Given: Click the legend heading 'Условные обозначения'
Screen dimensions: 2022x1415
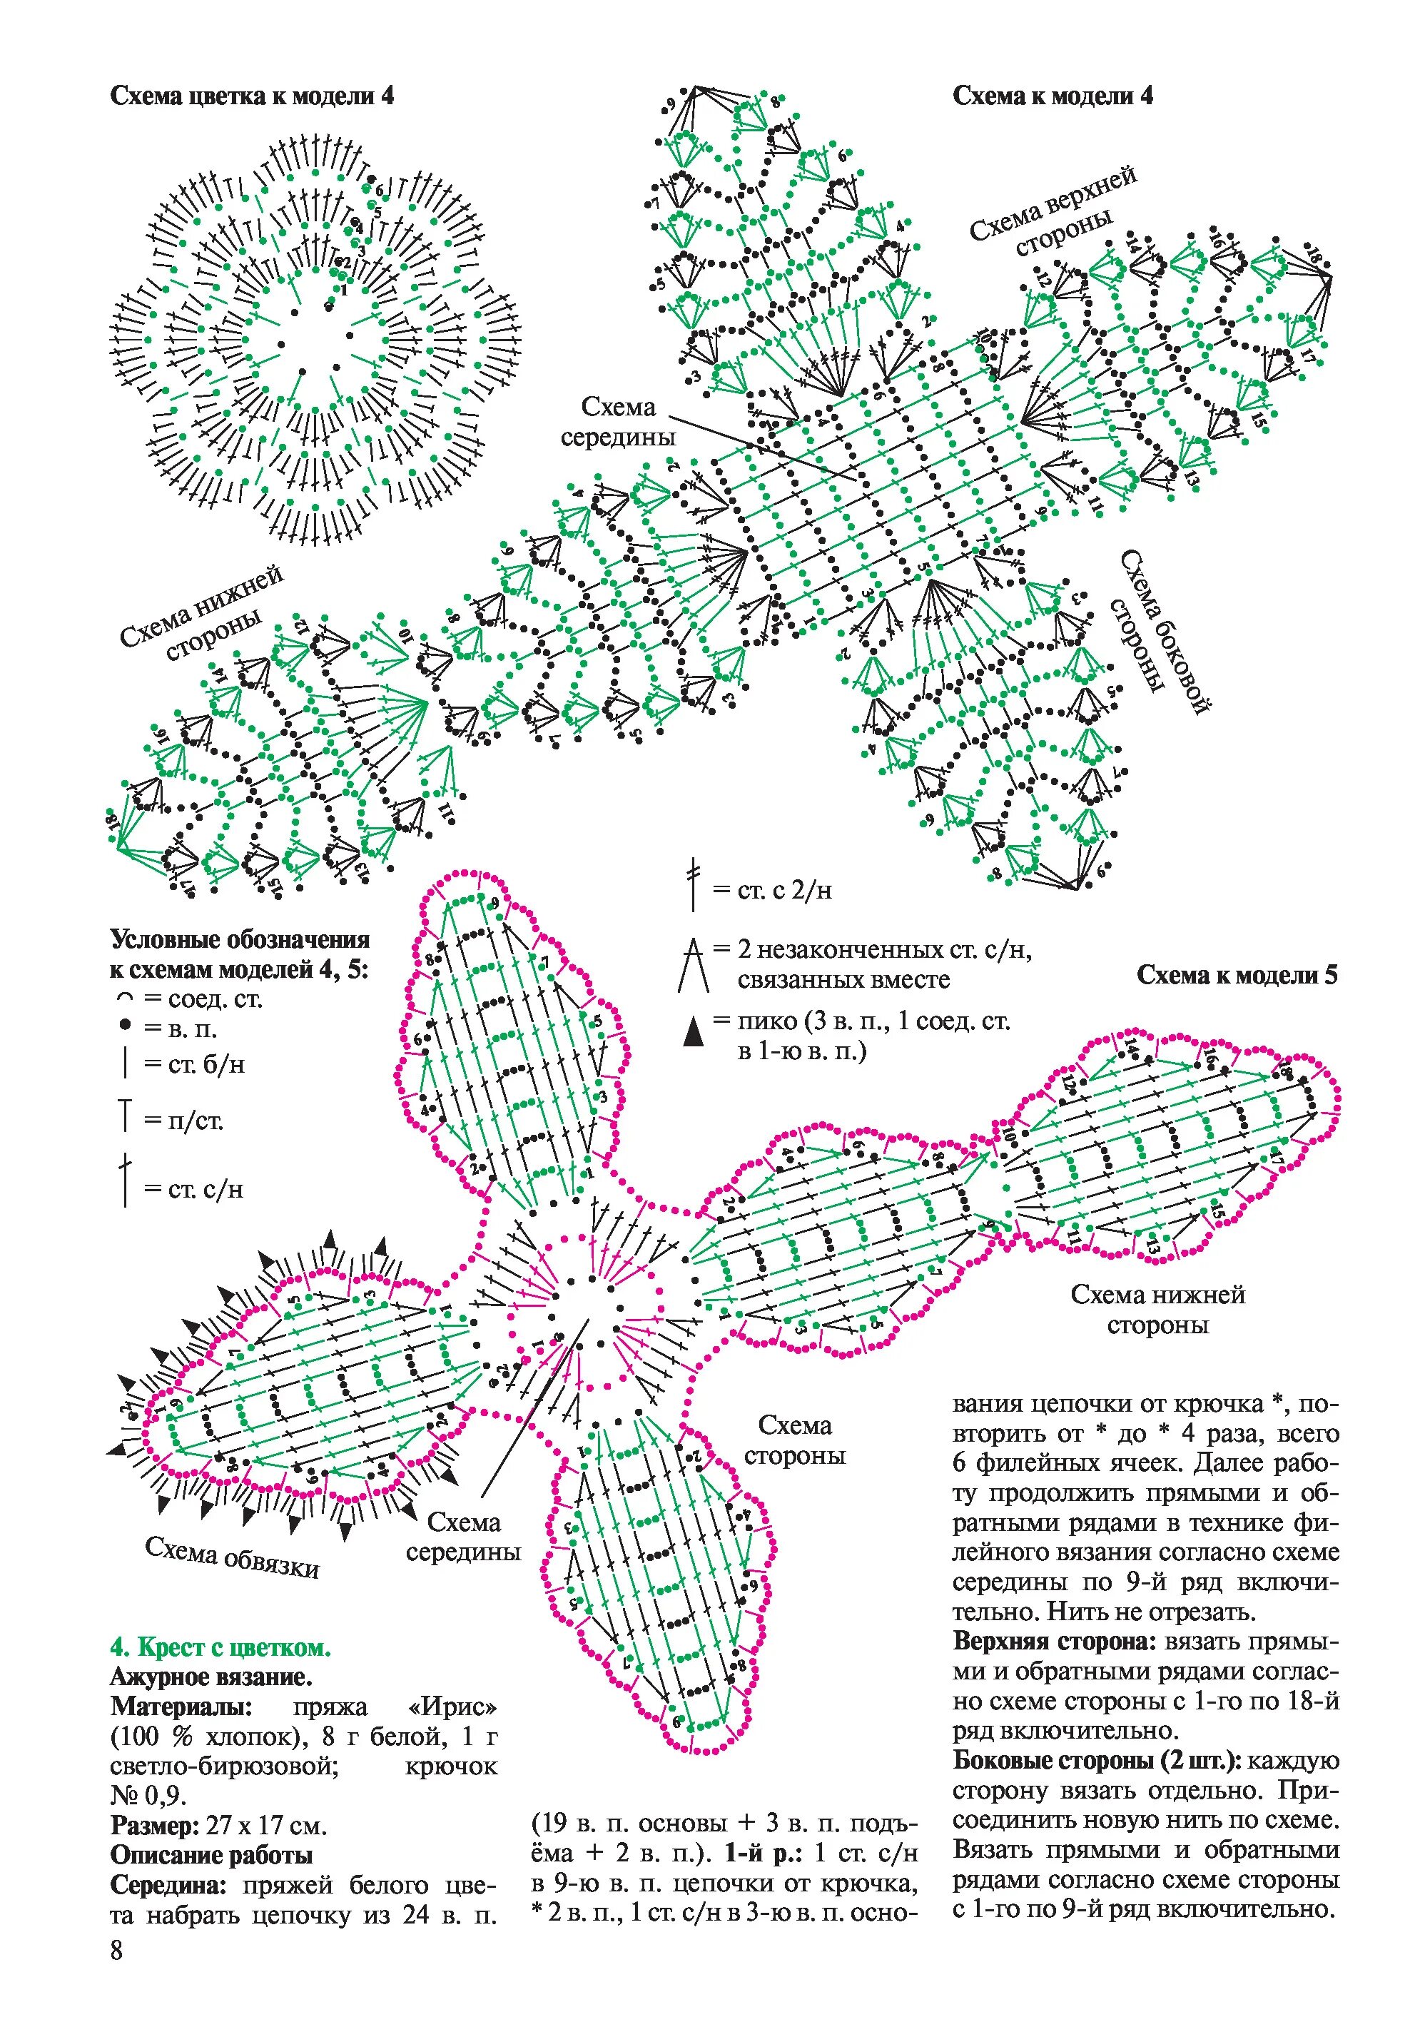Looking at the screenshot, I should tap(240, 940).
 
